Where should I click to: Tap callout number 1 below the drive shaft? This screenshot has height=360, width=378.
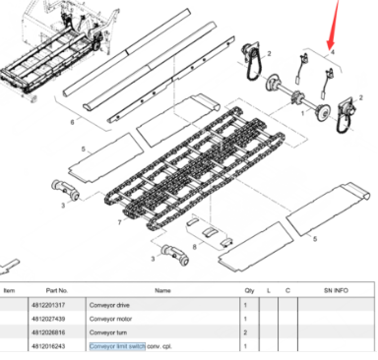[x=287, y=115]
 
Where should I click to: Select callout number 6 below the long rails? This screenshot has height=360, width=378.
[x=72, y=121]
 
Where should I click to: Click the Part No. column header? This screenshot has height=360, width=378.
[x=56, y=291]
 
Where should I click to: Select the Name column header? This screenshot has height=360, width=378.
[x=162, y=291]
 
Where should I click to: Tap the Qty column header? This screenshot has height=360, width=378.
[x=249, y=291]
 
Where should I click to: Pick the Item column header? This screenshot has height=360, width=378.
[x=9, y=291]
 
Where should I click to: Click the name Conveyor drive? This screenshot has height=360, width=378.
[x=108, y=306]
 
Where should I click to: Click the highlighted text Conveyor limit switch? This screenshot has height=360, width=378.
[x=117, y=346]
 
